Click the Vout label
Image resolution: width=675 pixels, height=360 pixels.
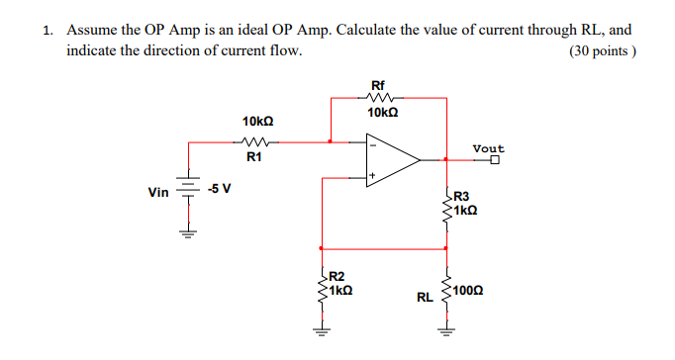(488, 148)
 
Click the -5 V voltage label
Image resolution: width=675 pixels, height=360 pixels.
(219, 189)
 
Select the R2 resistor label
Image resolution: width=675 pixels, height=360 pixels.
(337, 276)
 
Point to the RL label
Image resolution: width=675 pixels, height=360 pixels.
(425, 296)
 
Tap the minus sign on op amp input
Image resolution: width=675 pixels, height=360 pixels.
(373, 144)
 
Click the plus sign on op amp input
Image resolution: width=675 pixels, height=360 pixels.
(373, 174)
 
